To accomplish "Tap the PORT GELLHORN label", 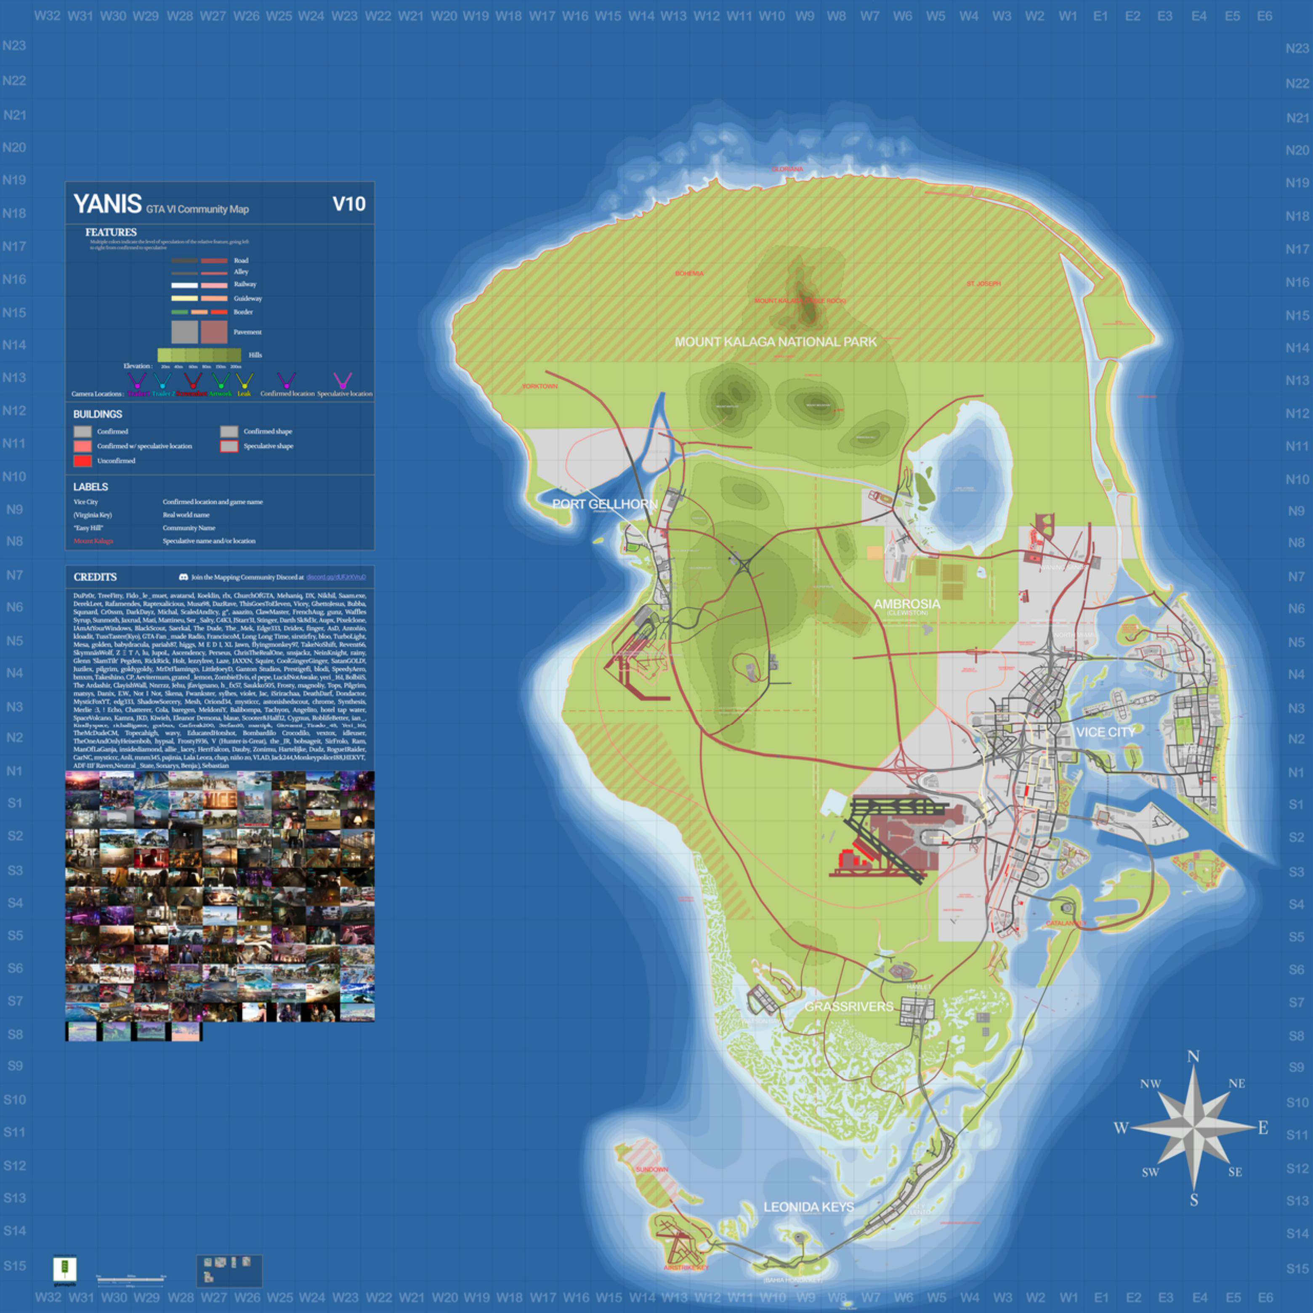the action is tap(605, 504).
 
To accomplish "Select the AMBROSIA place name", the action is tap(906, 603).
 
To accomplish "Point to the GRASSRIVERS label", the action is tap(849, 1007).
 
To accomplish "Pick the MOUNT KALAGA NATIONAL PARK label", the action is tap(776, 342).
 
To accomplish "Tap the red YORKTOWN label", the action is tap(540, 386).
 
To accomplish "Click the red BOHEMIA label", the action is tap(689, 273).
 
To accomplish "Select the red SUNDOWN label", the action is tap(652, 1169).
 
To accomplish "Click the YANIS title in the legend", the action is tap(107, 204).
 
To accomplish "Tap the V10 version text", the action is tap(348, 204).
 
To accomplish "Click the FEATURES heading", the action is tap(111, 232).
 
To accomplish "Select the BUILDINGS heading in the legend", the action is tap(98, 414).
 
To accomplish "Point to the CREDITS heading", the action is tap(95, 577).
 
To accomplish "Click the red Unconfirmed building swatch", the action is tap(82, 461).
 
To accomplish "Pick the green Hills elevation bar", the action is tap(199, 355).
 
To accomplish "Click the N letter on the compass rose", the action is tap(1193, 1057).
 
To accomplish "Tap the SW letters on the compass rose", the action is tap(1150, 1172).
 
